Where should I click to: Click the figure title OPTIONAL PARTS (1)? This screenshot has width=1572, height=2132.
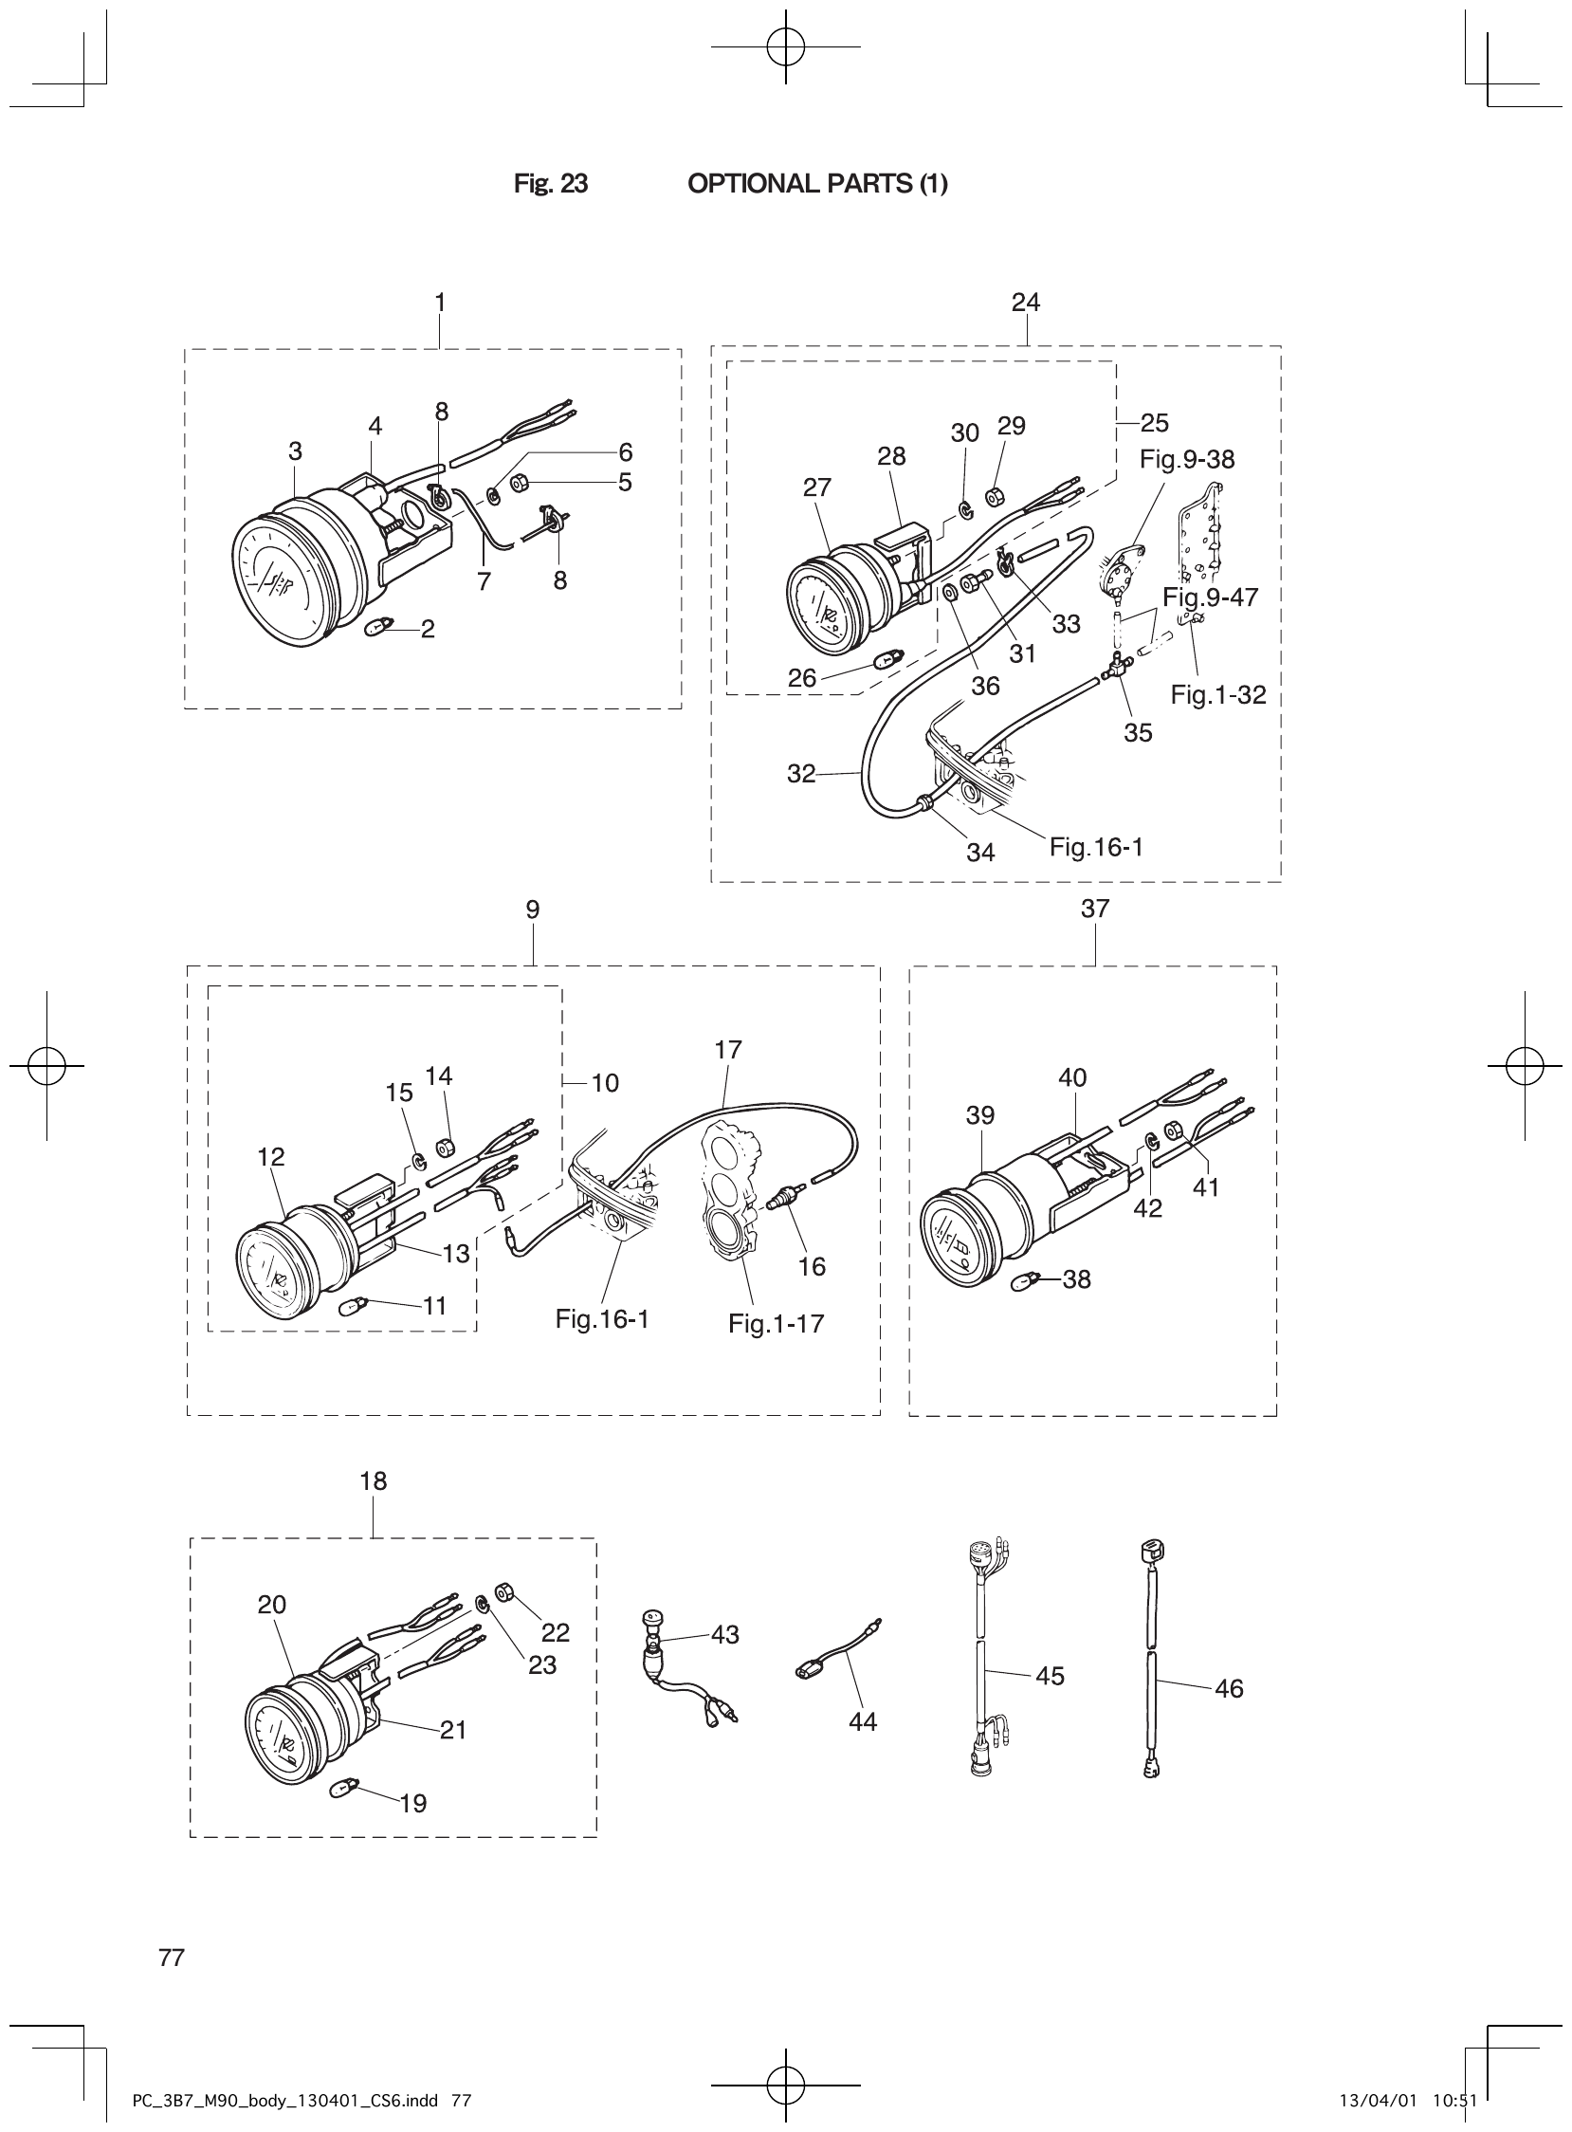click(816, 184)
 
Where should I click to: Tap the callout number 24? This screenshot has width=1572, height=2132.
click(1025, 302)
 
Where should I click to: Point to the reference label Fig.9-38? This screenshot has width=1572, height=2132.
click(1187, 460)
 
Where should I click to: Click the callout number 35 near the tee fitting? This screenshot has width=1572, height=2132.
click(1137, 733)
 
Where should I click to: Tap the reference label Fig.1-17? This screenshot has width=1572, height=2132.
click(776, 1324)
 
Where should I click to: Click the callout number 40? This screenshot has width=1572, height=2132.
click(1071, 1077)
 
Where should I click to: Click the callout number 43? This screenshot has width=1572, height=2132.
click(724, 1635)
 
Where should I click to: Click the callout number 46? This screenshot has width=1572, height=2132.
click(1229, 1688)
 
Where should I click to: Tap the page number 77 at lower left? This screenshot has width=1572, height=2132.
click(172, 1957)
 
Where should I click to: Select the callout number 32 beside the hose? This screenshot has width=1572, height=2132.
click(801, 774)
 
